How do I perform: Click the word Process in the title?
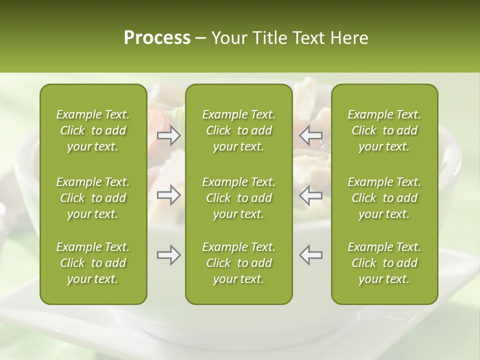pyautogui.click(x=157, y=38)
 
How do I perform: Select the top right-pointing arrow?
pyautogui.click(x=168, y=135)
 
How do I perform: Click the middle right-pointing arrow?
pyautogui.click(x=168, y=195)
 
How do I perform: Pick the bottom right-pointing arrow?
pyautogui.click(x=168, y=255)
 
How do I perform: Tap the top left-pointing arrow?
pyautogui.click(x=311, y=135)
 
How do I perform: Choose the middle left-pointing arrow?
pyautogui.click(x=311, y=195)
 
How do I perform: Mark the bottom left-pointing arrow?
pyautogui.click(x=311, y=255)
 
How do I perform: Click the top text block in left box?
pyautogui.click(x=93, y=130)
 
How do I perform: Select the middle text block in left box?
pyautogui.click(x=93, y=198)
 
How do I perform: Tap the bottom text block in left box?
pyautogui.click(x=93, y=263)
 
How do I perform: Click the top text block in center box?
pyautogui.click(x=239, y=130)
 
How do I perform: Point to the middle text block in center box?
pyautogui.click(x=239, y=198)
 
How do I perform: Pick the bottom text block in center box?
pyautogui.click(x=239, y=263)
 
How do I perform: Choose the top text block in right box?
pyautogui.click(x=384, y=130)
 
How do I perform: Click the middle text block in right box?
pyautogui.click(x=384, y=198)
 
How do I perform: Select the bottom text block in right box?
pyautogui.click(x=384, y=263)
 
